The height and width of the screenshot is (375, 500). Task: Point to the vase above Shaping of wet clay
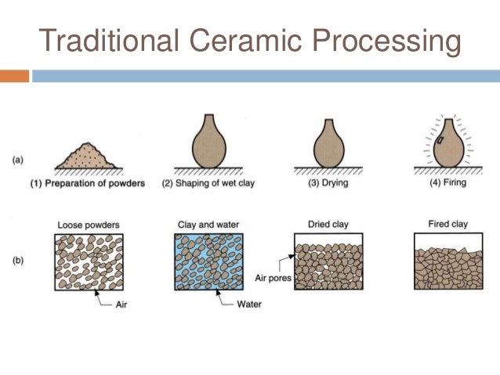[209, 142]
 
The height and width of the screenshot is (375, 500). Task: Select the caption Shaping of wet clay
[209, 185]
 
